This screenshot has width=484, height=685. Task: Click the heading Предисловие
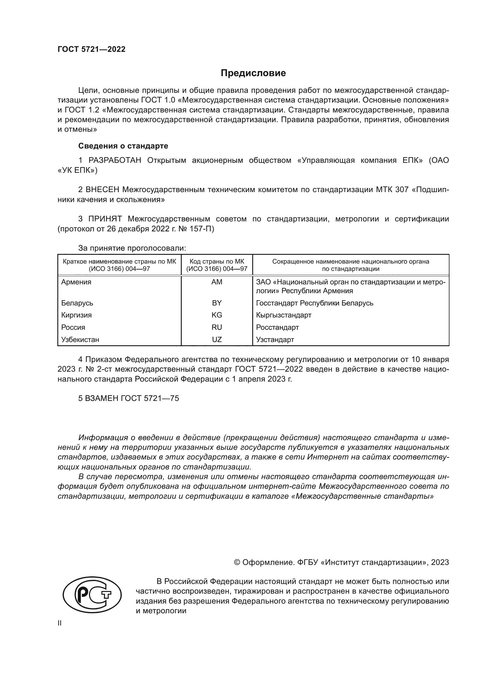point(253,73)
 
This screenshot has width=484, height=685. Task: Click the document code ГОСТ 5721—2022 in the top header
point(92,49)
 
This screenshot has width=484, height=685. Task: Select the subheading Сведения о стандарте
point(123,146)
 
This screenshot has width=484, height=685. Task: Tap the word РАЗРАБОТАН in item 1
point(115,160)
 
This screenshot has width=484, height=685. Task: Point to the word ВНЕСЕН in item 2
point(102,190)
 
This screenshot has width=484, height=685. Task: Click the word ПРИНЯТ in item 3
point(105,219)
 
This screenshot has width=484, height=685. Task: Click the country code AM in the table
point(217,282)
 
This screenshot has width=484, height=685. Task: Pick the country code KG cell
point(217,315)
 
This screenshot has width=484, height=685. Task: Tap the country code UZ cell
point(217,339)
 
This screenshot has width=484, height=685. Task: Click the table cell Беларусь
point(77,303)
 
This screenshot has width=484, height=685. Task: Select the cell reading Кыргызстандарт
point(284,315)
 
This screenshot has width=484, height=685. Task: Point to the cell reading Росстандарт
point(277,327)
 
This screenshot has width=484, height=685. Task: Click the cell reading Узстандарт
point(275,339)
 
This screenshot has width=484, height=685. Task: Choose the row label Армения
point(76,282)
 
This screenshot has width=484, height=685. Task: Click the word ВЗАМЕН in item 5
point(102,398)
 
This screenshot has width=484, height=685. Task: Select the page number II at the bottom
point(60,623)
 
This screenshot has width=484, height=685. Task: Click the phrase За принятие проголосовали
point(132,248)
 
